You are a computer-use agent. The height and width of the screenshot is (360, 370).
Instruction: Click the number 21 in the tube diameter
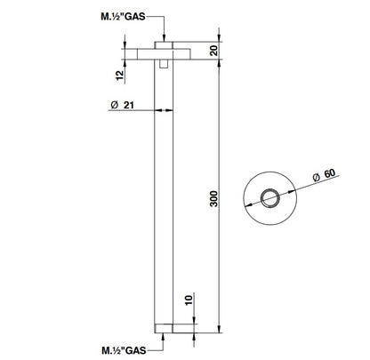tap(133, 107)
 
